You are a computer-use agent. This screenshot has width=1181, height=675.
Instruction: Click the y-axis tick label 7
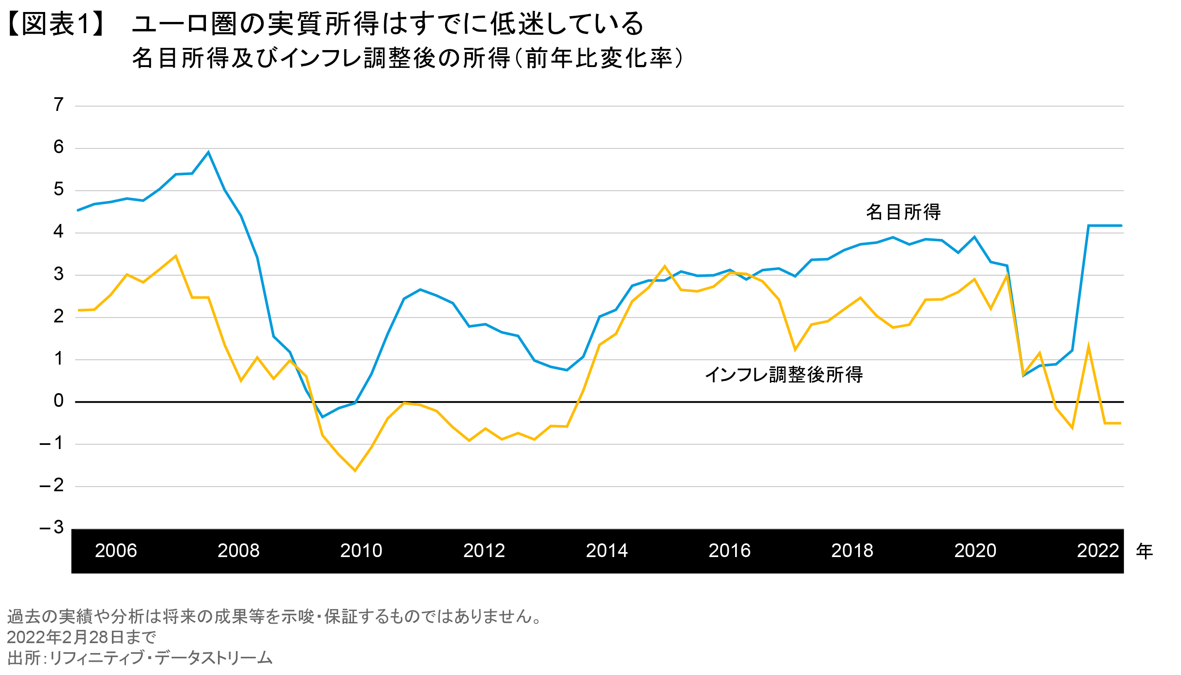coord(58,105)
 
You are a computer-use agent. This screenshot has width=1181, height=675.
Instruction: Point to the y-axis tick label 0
coord(58,401)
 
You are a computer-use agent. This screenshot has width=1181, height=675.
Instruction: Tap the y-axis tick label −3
coord(52,527)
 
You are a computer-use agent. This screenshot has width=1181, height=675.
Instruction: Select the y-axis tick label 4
coord(58,231)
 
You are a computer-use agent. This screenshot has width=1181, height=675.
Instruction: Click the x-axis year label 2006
coord(116,551)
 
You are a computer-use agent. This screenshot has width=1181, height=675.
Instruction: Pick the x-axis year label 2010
coord(361,551)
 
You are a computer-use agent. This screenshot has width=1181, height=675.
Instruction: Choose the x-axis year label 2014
coord(607,551)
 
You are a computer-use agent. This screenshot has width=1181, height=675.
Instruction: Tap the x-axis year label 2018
coord(852,551)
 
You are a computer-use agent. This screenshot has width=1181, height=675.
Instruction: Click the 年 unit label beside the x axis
coord(1145,551)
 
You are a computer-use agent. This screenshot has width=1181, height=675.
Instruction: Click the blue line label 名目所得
coord(903,212)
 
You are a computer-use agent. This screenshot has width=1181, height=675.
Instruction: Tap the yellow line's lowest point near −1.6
coord(355,471)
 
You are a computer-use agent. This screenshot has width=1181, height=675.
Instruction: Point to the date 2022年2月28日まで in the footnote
coord(82,637)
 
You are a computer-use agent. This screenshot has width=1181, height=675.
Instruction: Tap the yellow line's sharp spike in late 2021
coord(1088,347)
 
